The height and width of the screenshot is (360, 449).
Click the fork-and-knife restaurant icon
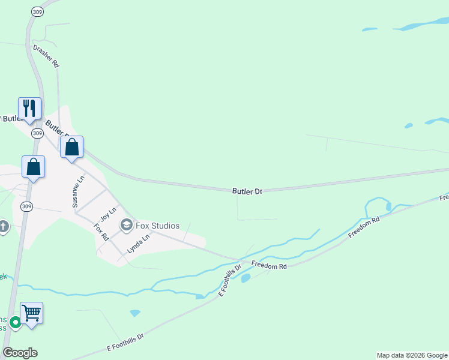(x=29, y=109)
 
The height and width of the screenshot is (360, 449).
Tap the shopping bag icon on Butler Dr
(x=71, y=148)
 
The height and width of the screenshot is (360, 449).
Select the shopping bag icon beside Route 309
(x=34, y=167)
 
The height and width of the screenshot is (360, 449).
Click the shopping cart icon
(x=31, y=313)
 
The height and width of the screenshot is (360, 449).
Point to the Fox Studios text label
(x=157, y=226)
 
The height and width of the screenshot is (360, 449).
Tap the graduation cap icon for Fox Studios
(x=126, y=226)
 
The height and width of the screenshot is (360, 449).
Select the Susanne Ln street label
(x=79, y=192)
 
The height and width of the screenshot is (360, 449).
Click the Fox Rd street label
(x=100, y=232)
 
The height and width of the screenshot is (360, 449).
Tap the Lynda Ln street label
(x=138, y=243)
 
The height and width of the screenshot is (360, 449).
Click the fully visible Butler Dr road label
(x=247, y=191)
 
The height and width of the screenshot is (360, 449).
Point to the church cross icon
(x=4, y=227)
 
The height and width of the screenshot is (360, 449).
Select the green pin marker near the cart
(x=14, y=322)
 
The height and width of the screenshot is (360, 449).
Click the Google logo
(x=20, y=353)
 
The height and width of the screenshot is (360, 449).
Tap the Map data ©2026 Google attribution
(x=412, y=355)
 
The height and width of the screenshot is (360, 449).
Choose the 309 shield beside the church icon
(x=25, y=206)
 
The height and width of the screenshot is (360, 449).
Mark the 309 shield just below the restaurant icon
(x=37, y=133)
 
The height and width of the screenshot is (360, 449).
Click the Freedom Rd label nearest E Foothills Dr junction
(x=269, y=265)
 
